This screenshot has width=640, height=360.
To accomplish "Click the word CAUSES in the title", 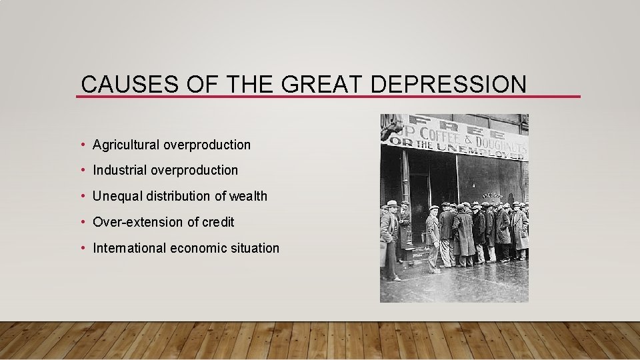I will [x=117, y=85].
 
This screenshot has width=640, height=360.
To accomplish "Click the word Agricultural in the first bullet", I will [x=126, y=145].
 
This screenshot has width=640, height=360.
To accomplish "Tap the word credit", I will [x=217, y=222].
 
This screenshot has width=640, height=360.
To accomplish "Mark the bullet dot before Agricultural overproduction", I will [x=83, y=145].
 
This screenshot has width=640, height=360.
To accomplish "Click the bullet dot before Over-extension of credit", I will [x=83, y=222].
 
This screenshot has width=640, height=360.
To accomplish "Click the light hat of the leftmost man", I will [x=392, y=203].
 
